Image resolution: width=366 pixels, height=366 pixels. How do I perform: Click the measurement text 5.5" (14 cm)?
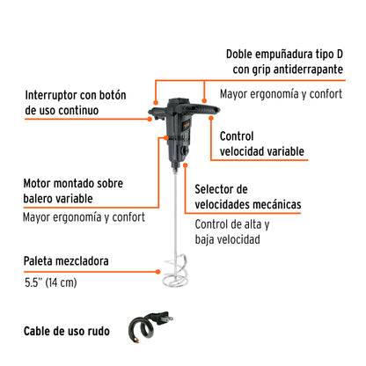click(x=51, y=284)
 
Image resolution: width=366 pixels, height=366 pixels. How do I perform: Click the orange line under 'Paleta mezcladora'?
click(x=79, y=269)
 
